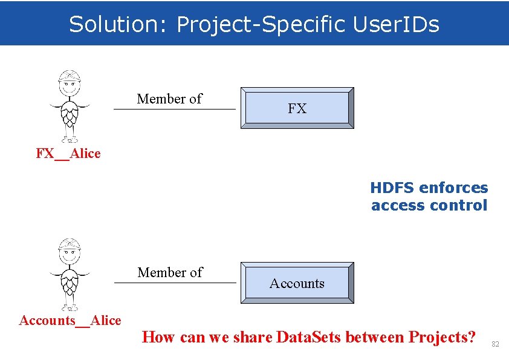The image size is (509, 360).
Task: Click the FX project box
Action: click(297, 108)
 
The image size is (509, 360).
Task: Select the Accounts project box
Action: click(297, 283)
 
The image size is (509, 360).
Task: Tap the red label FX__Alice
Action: click(68, 154)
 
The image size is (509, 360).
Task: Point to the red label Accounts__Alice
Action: click(70, 321)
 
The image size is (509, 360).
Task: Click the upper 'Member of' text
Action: click(169, 99)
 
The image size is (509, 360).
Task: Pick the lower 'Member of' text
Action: click(170, 272)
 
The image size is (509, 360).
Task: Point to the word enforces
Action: click(453, 188)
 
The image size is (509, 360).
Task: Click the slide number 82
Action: click(495, 344)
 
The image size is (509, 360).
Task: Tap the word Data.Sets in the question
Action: click(309, 336)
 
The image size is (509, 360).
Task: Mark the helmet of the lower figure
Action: click(70, 245)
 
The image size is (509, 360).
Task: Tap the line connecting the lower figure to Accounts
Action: click(175, 283)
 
